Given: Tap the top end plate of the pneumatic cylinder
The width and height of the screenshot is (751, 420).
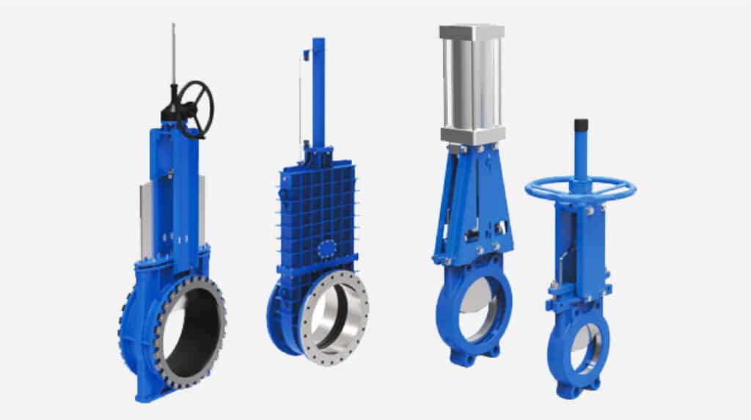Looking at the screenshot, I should pos(472,32).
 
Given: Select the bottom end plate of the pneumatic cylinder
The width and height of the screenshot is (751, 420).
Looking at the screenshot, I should pos(472,136).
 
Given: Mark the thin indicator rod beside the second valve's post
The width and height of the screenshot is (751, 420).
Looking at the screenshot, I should pos(300,103).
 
